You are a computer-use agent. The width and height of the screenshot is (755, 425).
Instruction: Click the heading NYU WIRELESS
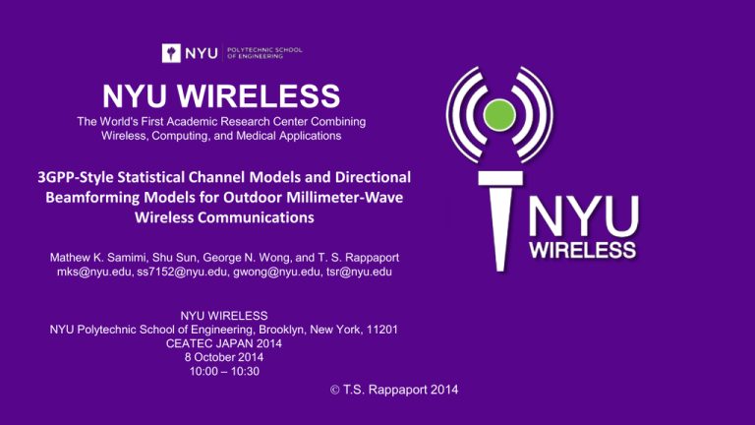click(x=224, y=97)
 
